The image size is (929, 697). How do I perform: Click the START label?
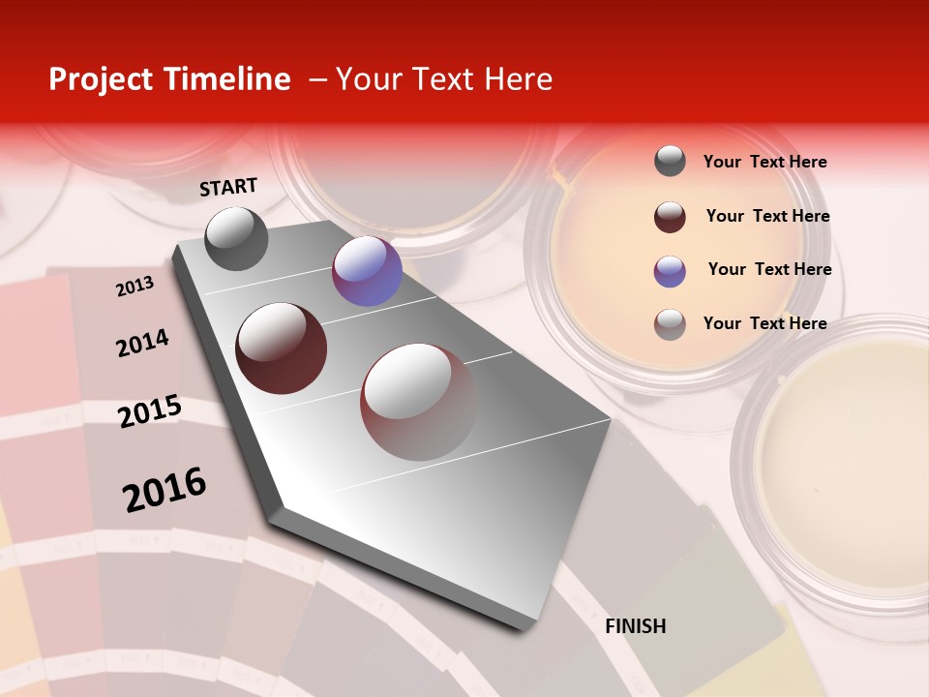[228, 187]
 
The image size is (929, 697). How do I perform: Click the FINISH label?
[635, 626]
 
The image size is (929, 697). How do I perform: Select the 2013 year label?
[135, 286]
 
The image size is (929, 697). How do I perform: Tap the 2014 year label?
[142, 343]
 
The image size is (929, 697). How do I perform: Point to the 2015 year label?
[150, 411]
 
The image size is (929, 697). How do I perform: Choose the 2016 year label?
[165, 490]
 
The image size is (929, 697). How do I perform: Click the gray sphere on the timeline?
[236, 238]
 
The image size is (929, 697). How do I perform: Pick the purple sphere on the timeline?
[367, 271]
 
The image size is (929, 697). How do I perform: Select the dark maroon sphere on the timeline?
[282, 348]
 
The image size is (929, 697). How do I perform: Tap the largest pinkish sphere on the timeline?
[419, 402]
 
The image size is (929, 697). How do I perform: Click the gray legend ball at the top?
[670, 162]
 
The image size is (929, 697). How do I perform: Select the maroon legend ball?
[670, 217]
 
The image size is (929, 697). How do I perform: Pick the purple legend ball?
[670, 271]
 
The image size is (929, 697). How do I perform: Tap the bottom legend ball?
[670, 324]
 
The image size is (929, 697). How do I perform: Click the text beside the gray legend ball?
[764, 162]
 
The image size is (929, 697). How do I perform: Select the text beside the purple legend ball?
[769, 269]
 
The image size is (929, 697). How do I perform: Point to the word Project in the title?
[101, 79]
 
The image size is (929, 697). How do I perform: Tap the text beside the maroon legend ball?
[767, 216]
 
